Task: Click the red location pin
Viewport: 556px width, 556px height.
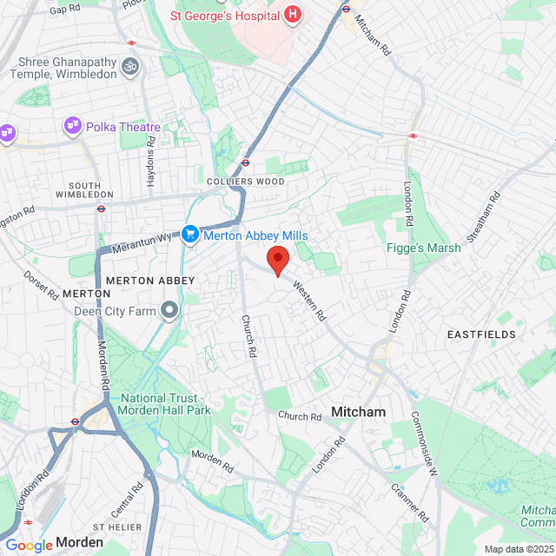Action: pyautogui.click(x=277, y=260)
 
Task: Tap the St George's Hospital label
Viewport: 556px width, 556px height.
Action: pyautogui.click(x=225, y=15)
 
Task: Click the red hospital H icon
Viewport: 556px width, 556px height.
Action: pyautogui.click(x=293, y=15)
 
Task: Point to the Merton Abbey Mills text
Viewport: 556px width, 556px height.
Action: pyautogui.click(x=256, y=235)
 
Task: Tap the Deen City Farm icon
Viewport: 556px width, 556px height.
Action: pyautogui.click(x=169, y=310)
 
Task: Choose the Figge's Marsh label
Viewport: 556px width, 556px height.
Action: pyautogui.click(x=424, y=248)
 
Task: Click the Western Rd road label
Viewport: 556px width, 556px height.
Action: pyautogui.click(x=309, y=299)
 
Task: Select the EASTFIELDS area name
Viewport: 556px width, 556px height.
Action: pyautogui.click(x=481, y=334)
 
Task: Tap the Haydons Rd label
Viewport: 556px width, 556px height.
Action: pyautogui.click(x=151, y=156)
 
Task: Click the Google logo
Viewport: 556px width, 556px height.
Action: pyautogui.click(x=29, y=545)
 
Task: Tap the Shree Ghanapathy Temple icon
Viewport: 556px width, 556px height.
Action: pyautogui.click(x=130, y=66)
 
